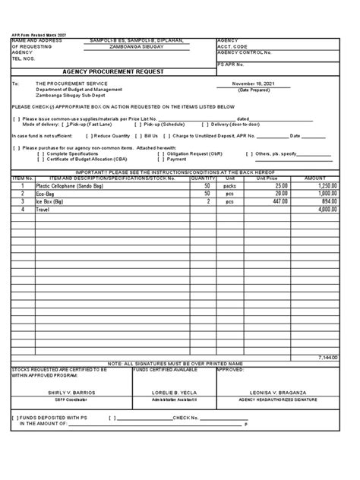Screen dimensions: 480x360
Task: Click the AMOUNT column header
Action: (315, 178)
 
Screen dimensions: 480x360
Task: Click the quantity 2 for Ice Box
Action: (207, 201)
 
